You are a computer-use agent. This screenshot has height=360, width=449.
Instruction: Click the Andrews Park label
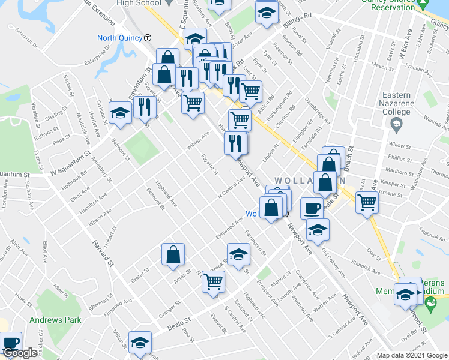click(56, 320)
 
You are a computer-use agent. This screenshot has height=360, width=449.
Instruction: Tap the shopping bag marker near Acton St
click(173, 254)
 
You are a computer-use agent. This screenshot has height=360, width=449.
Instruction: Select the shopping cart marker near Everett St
click(214, 280)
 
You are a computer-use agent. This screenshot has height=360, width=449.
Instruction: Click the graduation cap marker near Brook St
click(238, 253)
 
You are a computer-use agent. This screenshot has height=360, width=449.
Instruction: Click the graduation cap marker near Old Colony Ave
click(317, 228)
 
